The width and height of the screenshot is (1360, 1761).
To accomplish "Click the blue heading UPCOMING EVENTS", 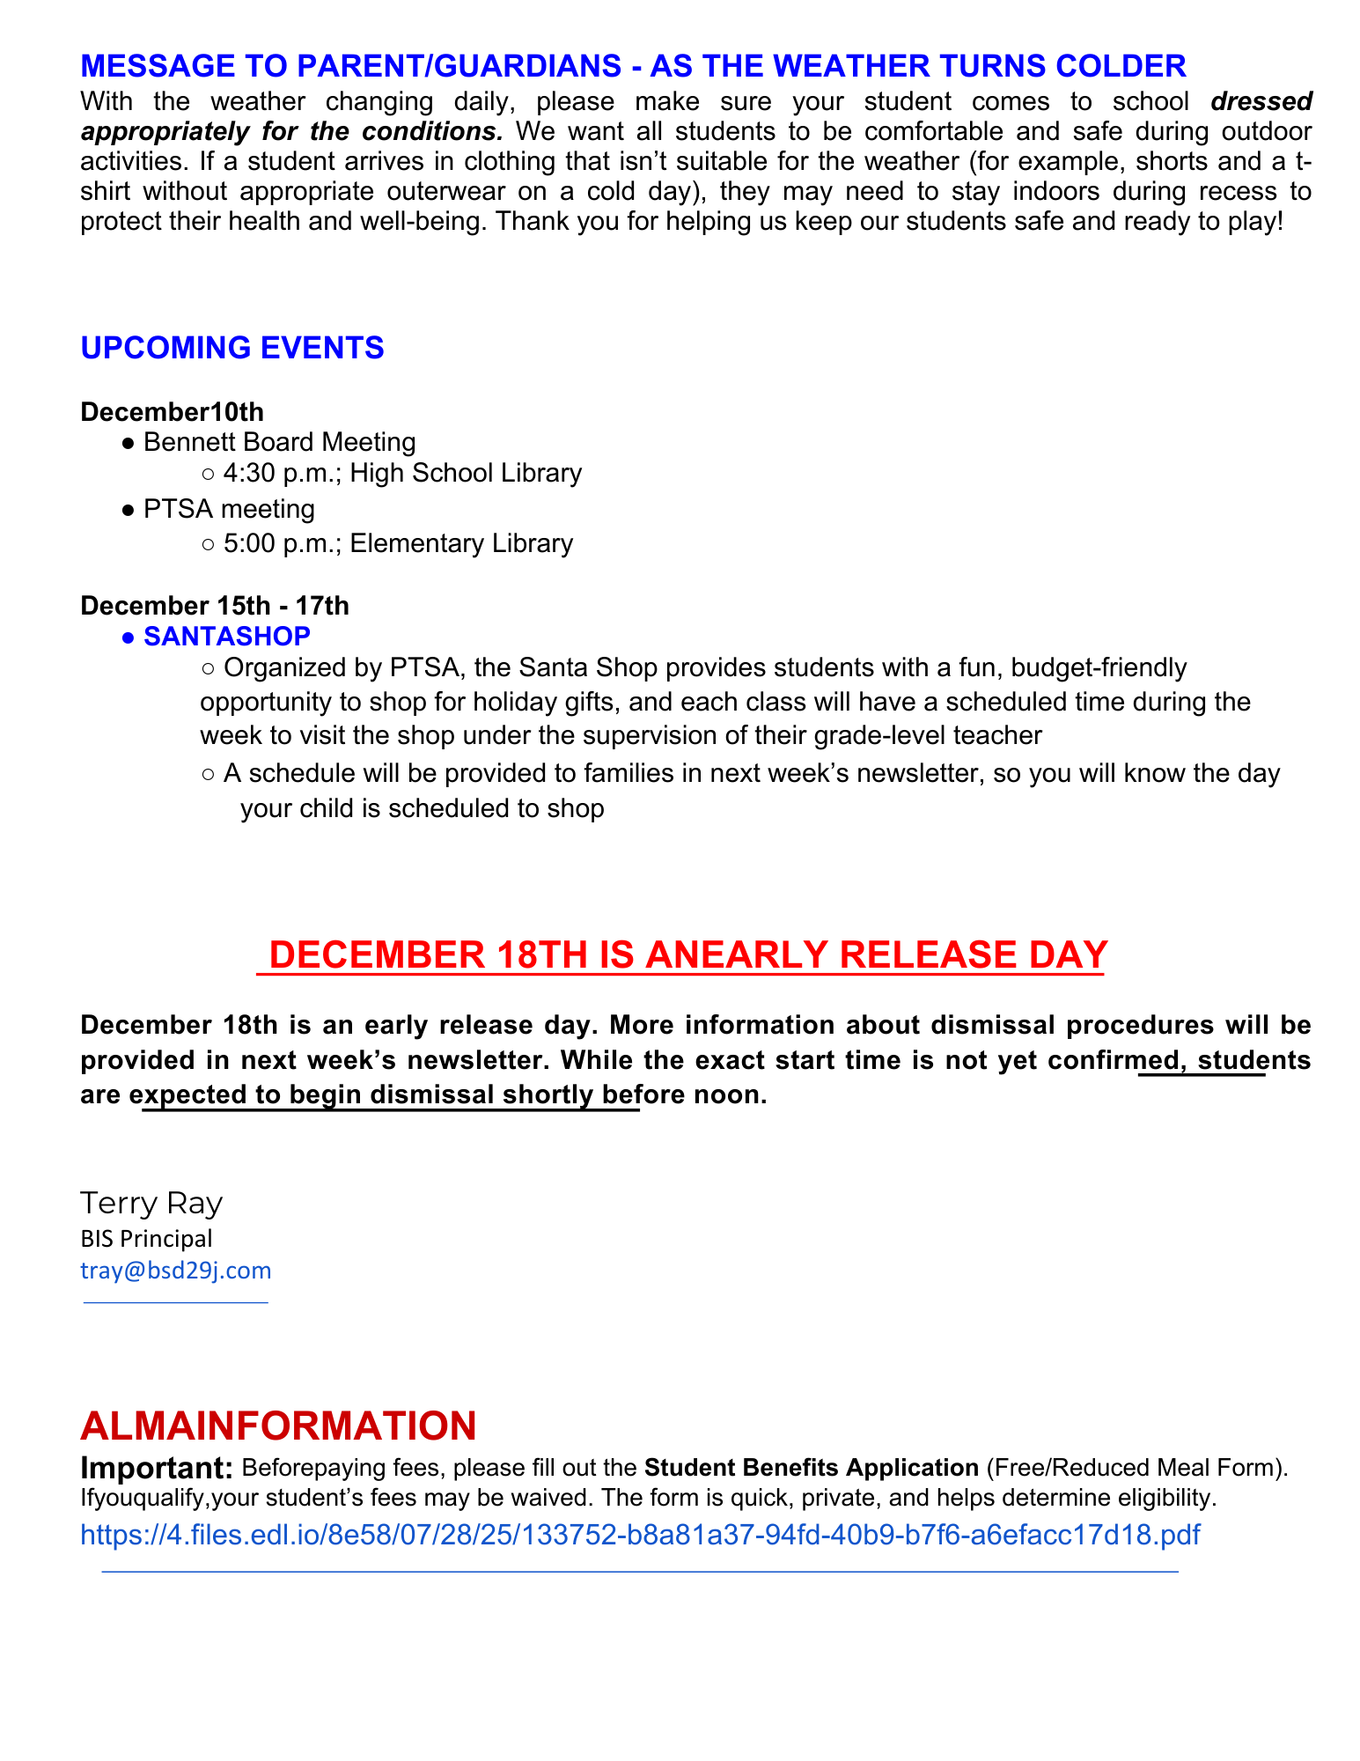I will (232, 348).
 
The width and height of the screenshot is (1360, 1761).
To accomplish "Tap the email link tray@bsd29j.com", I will (176, 1271).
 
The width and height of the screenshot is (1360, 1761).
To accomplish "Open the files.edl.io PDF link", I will (640, 1535).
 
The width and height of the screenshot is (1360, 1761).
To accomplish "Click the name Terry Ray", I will (151, 1203).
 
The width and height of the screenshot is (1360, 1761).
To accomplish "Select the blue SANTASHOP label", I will (227, 636).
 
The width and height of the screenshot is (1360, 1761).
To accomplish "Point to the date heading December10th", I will (172, 411).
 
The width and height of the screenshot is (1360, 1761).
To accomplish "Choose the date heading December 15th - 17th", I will (215, 606).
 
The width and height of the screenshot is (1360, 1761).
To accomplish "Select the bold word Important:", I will (156, 1468).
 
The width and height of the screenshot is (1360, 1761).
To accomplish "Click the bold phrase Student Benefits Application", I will (812, 1468).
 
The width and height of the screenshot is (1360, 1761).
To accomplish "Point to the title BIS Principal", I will (146, 1239).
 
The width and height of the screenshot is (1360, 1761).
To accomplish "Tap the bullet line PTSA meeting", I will (229, 509).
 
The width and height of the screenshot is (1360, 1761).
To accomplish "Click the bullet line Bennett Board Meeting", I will (279, 441).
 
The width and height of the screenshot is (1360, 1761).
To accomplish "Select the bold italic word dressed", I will (1261, 101).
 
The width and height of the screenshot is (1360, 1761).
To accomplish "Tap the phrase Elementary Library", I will (461, 543).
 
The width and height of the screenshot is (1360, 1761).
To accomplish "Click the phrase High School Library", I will (466, 474).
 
